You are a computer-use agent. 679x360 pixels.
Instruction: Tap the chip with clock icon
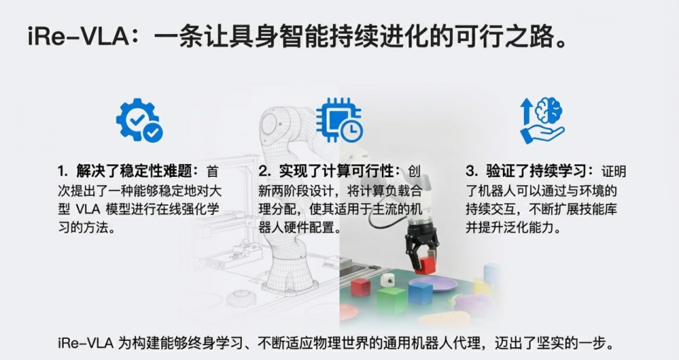[x=339, y=118]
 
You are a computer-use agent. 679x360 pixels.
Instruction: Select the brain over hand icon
[x=541, y=120]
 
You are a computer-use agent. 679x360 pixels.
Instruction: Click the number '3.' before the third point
[x=472, y=171]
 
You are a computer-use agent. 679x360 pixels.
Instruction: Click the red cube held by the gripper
[x=425, y=265]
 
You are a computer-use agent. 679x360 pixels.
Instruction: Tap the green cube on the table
[x=390, y=299]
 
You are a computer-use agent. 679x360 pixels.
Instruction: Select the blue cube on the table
[x=420, y=291]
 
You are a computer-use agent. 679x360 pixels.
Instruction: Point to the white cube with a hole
[x=386, y=280]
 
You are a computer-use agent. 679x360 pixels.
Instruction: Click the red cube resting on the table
[x=361, y=286]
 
